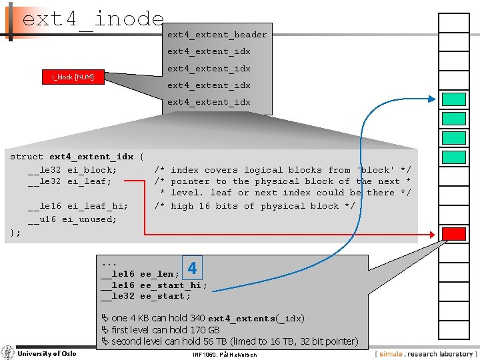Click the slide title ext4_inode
(x=93, y=19)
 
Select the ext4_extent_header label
(x=217, y=35)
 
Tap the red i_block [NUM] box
(x=73, y=77)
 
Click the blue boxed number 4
(x=192, y=269)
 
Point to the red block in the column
(x=454, y=233)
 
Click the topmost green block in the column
(x=454, y=99)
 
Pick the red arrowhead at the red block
(x=436, y=233)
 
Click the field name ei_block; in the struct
(x=92, y=170)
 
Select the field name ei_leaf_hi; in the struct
(x=97, y=206)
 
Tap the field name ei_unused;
(x=89, y=219)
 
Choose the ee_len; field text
(x=159, y=274)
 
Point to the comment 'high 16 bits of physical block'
(x=263, y=206)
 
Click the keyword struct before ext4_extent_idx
(x=27, y=157)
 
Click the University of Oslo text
(x=46, y=353)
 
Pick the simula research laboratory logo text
(x=427, y=353)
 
